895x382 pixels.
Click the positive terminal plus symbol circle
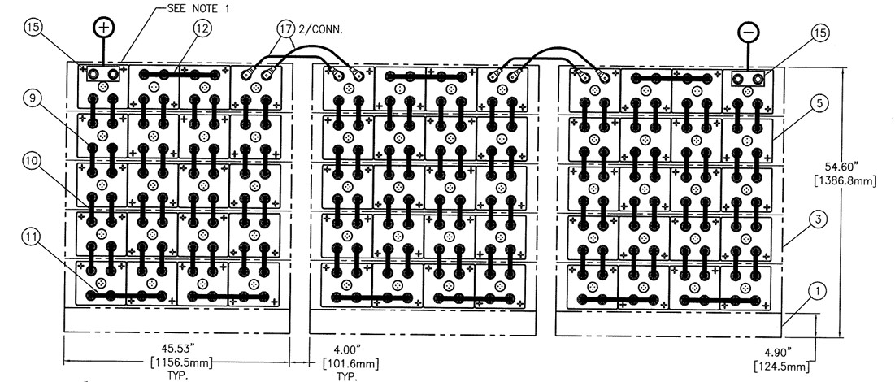click(104, 28)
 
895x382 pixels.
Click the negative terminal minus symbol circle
click(749, 33)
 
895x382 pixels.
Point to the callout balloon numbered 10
click(32, 163)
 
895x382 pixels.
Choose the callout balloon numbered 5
click(819, 104)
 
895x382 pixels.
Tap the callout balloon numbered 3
click(818, 219)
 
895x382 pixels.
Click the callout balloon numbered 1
click(818, 292)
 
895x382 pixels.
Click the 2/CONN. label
click(321, 29)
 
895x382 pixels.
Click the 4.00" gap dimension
click(346, 349)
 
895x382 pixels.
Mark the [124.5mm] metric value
click(781, 366)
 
